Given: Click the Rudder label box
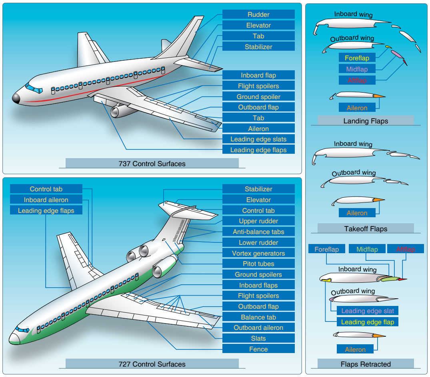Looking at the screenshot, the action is coord(258,14).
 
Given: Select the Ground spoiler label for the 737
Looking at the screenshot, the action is coord(258,96).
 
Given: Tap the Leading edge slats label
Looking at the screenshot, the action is coord(258,139).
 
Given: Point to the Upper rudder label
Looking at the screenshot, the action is coord(258,221).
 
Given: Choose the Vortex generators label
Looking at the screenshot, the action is coord(258,253).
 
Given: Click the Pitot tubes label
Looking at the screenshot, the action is coord(258,264).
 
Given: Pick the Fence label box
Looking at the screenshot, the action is coord(258,349).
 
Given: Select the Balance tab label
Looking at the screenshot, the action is coord(258,317).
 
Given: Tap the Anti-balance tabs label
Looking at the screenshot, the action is coord(258,232).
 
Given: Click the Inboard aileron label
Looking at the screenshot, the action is coord(46,200).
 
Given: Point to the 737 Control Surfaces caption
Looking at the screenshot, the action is coord(152,163).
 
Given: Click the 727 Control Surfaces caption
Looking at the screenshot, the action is coord(152,364).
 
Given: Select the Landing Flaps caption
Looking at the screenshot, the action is coord(366,121).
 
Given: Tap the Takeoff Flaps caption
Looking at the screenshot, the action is coord(366,228).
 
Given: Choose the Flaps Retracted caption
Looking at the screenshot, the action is coord(366,364).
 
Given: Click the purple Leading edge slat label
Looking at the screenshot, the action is coord(368,311).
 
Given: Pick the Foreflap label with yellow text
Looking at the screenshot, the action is coord(357,58).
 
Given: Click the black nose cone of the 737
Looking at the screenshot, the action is coord(16,98).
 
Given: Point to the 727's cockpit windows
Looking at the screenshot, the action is coord(22,329).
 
